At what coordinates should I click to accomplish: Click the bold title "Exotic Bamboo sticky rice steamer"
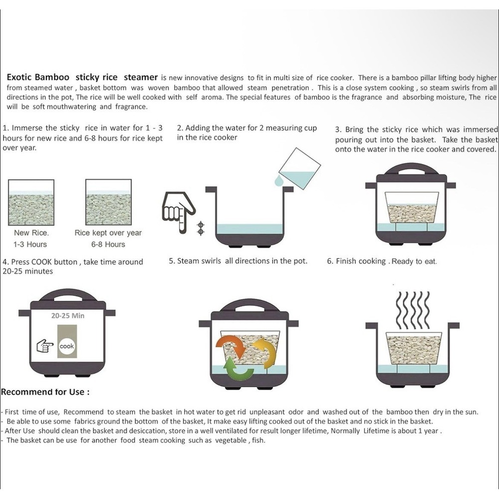[x=82, y=77]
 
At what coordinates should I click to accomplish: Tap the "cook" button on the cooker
[x=67, y=346]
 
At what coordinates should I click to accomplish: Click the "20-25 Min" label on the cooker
[x=68, y=316]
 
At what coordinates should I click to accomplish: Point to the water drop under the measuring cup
[x=279, y=180]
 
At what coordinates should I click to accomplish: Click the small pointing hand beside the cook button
[x=45, y=346]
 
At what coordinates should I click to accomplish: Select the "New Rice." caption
[x=31, y=233]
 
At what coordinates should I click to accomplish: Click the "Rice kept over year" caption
[x=108, y=233]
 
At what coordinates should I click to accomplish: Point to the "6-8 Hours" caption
[x=108, y=245]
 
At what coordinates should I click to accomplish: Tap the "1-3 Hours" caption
[x=30, y=245]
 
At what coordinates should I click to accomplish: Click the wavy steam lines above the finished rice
[x=413, y=311]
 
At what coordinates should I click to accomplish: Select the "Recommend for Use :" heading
[x=45, y=392]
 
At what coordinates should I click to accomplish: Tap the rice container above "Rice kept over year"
[x=108, y=203]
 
